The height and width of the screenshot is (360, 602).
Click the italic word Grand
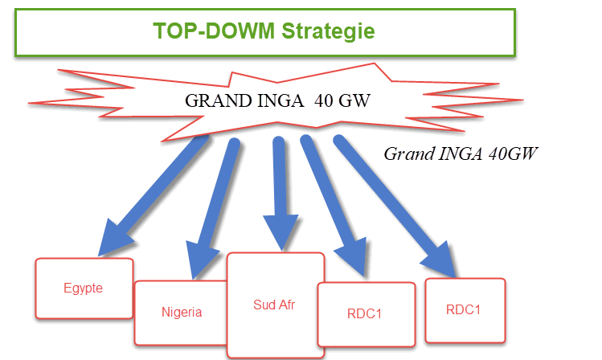(x=407, y=153)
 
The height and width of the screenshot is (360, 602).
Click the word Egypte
(x=84, y=288)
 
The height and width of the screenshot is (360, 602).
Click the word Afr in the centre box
(x=289, y=305)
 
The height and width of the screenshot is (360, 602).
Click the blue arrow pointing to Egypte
(x=160, y=188)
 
